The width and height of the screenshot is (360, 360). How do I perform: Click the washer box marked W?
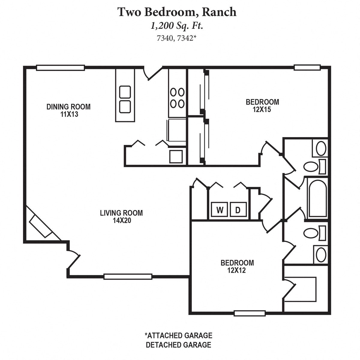point(220,210)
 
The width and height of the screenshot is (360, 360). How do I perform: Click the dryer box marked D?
point(238,210)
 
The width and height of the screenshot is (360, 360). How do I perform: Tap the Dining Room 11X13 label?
point(68,110)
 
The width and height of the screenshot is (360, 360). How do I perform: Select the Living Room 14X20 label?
point(121,217)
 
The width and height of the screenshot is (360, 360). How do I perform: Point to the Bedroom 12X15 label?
point(262,106)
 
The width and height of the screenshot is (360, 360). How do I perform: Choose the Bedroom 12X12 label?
point(237,266)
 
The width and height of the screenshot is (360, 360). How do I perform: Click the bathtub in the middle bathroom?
point(317,198)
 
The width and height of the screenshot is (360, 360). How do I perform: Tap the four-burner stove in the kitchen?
point(177,97)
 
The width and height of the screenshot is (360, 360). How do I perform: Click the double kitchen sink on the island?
point(125,99)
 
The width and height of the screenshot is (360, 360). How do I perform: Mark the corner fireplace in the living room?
point(40,226)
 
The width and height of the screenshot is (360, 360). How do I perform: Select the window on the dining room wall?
point(60,68)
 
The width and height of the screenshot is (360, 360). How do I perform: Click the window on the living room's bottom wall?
point(128,277)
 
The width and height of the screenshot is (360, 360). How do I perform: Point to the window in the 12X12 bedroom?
point(250,313)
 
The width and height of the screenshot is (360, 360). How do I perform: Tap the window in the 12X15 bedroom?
point(307,67)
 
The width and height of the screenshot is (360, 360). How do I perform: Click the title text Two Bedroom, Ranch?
point(177,12)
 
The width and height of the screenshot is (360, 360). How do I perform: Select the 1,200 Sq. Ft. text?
point(177,26)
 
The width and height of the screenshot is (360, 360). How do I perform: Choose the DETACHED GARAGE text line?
point(178,345)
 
